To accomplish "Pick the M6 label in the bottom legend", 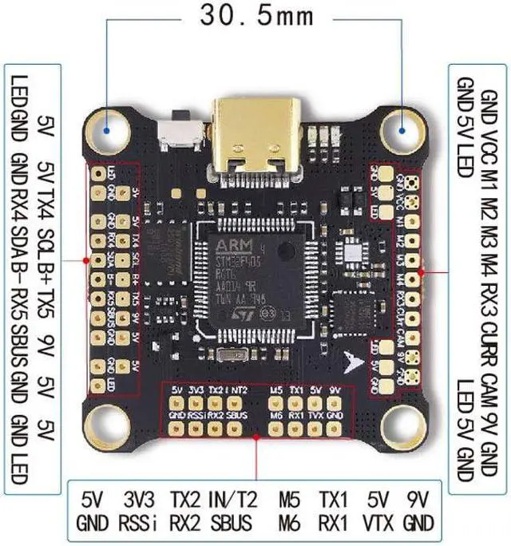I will (287, 524).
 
